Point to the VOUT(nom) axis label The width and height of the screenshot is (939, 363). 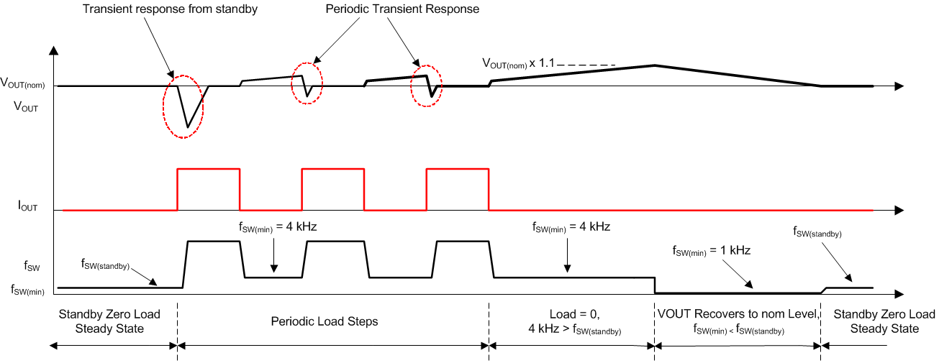pyautogui.click(x=24, y=86)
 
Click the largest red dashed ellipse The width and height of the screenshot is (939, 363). pyautogui.click(x=184, y=106)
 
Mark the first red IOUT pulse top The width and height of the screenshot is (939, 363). pyautogui.click(x=209, y=169)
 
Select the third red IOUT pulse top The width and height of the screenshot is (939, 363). pyautogui.click(x=458, y=169)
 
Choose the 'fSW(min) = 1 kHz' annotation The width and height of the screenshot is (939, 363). pyautogui.click(x=710, y=251)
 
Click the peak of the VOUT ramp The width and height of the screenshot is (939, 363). pyautogui.click(x=654, y=65)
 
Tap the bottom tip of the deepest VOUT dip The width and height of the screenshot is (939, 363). pyautogui.click(x=189, y=127)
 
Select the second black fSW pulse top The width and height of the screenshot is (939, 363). pyautogui.click(x=337, y=242)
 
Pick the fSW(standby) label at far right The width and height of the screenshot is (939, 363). pyautogui.click(x=817, y=231)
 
